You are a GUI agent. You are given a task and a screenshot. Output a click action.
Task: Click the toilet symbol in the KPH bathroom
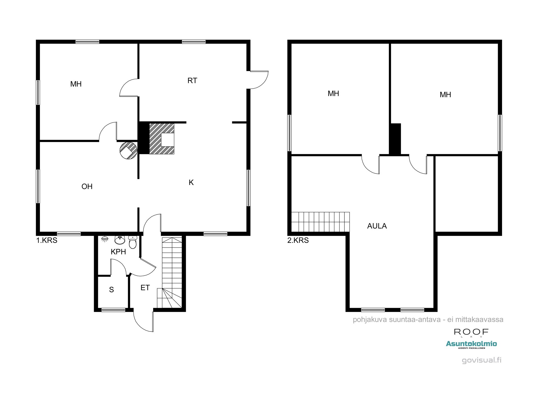(x=133, y=242)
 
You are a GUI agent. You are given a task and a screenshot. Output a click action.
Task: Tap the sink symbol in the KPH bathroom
(x=120, y=239)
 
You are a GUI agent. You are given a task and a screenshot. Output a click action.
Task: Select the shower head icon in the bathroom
(x=105, y=239)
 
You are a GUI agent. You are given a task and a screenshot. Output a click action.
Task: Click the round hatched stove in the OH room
(x=129, y=151)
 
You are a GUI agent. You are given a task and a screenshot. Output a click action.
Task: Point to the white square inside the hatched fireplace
(x=168, y=140)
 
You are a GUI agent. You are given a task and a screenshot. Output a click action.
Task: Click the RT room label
(x=192, y=81)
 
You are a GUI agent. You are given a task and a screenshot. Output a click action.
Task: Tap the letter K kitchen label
(x=191, y=183)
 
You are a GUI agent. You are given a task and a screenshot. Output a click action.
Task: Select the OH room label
(x=87, y=186)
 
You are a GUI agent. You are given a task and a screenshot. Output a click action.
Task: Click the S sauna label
(x=111, y=290)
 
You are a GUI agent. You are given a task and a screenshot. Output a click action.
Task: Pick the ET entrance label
(x=145, y=288)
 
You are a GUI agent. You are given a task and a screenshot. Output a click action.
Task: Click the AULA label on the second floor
(x=377, y=226)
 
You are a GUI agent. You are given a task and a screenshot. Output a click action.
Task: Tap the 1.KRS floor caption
(x=47, y=240)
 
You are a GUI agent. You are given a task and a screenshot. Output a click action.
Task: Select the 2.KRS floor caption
(x=298, y=240)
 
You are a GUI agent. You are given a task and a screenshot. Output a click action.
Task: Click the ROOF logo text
(x=471, y=332)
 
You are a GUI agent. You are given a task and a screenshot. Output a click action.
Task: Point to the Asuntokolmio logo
(x=471, y=344)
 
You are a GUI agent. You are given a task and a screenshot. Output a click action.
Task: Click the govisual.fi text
(x=482, y=360)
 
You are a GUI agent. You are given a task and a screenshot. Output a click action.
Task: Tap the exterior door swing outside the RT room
(x=259, y=80)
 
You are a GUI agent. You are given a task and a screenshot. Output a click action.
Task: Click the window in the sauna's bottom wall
(x=113, y=310)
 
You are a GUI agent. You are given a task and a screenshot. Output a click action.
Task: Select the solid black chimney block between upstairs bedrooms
(x=395, y=139)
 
